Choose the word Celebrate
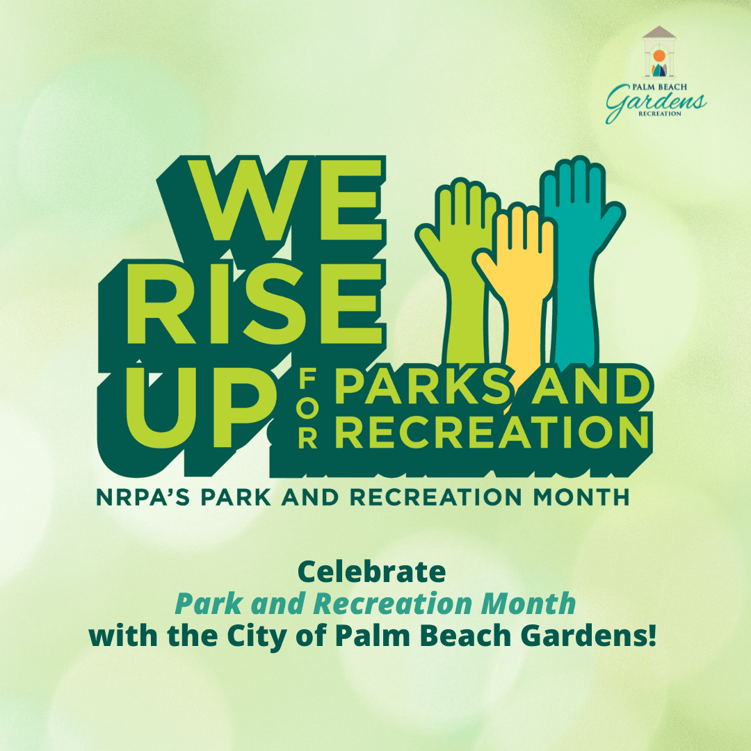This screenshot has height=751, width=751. click(371, 572)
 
